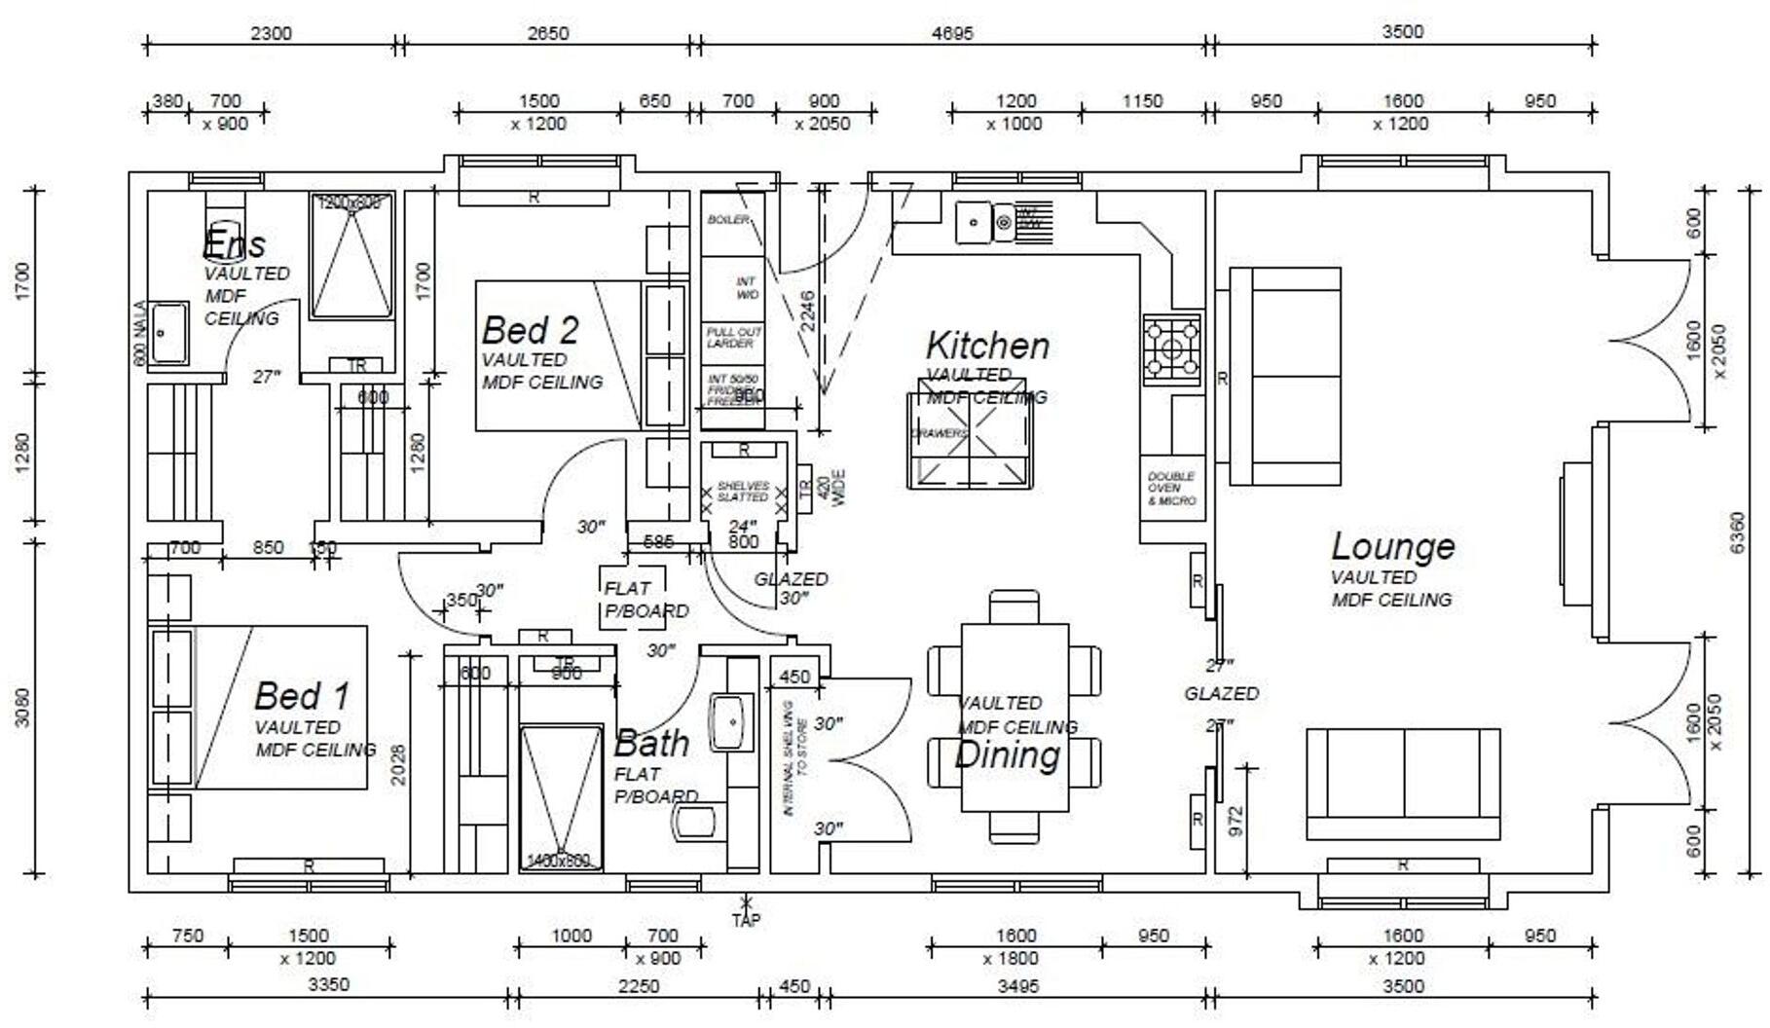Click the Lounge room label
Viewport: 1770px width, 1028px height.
pos(1392,546)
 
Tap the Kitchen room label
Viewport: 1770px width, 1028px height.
pos(987,346)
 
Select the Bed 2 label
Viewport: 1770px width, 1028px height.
pos(531,330)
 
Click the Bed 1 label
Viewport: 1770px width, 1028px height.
pos(301,696)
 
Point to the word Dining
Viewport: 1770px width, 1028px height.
pos(1007,754)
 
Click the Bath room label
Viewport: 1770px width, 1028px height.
pos(651,744)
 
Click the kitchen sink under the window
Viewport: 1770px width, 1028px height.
pos(973,222)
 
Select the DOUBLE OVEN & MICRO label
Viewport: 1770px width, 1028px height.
pos(1171,489)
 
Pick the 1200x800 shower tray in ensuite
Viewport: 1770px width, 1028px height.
pos(351,255)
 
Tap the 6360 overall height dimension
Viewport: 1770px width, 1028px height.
pos(1738,533)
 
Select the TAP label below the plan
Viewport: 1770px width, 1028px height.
pos(747,919)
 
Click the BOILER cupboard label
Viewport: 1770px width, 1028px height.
pos(728,220)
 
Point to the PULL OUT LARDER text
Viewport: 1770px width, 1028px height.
pos(734,338)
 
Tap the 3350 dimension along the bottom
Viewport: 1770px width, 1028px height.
pos(328,985)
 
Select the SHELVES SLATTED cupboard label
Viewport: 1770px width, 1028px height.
pos(743,492)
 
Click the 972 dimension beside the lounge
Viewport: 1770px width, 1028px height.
pos(1235,821)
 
